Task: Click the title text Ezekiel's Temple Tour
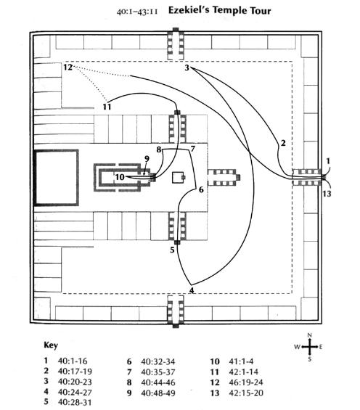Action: [x=219, y=10]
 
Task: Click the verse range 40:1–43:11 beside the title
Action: [x=137, y=12]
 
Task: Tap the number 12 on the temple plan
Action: [x=67, y=67]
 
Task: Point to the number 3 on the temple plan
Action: [x=187, y=67]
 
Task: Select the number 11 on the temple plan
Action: [x=107, y=107]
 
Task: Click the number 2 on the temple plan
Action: [x=283, y=143]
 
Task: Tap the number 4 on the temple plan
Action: [x=192, y=290]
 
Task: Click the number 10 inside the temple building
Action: [x=120, y=177]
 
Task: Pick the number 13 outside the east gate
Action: [x=327, y=194]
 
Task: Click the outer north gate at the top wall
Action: [x=176, y=46]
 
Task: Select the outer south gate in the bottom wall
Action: [x=176, y=311]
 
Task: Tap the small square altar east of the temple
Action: [x=179, y=178]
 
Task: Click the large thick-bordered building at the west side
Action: [x=57, y=178]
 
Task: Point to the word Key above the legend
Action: [x=51, y=345]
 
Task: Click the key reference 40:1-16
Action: [x=73, y=361]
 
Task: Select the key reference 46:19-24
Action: [x=246, y=382]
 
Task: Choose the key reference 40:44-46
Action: [x=158, y=382]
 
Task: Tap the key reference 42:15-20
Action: [x=246, y=393]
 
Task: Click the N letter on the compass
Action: [x=309, y=335]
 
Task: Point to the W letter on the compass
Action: [x=297, y=347]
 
